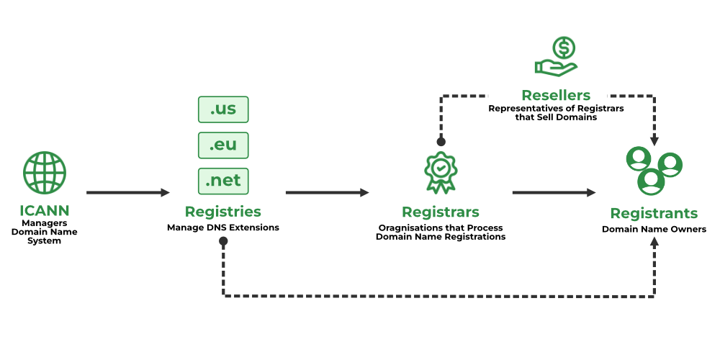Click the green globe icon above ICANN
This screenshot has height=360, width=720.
(45, 173)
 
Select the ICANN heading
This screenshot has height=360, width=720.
(45, 211)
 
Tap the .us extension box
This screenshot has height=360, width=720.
(223, 109)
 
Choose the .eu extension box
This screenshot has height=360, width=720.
(223, 145)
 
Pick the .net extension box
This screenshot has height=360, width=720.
(223, 181)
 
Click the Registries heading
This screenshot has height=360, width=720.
(222, 212)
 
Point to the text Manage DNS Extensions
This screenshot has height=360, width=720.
(222, 228)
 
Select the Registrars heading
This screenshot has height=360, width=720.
(440, 212)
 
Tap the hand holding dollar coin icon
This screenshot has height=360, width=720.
(556, 58)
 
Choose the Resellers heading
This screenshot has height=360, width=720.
(556, 95)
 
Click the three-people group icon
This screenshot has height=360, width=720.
(654, 171)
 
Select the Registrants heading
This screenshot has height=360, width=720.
(654, 213)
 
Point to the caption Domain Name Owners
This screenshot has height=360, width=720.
(654, 230)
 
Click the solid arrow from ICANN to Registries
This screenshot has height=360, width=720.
(127, 192)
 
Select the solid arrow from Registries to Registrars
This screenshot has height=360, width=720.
(327, 192)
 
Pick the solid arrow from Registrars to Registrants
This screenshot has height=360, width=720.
(554, 192)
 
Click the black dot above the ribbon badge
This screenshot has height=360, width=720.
(441, 142)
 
